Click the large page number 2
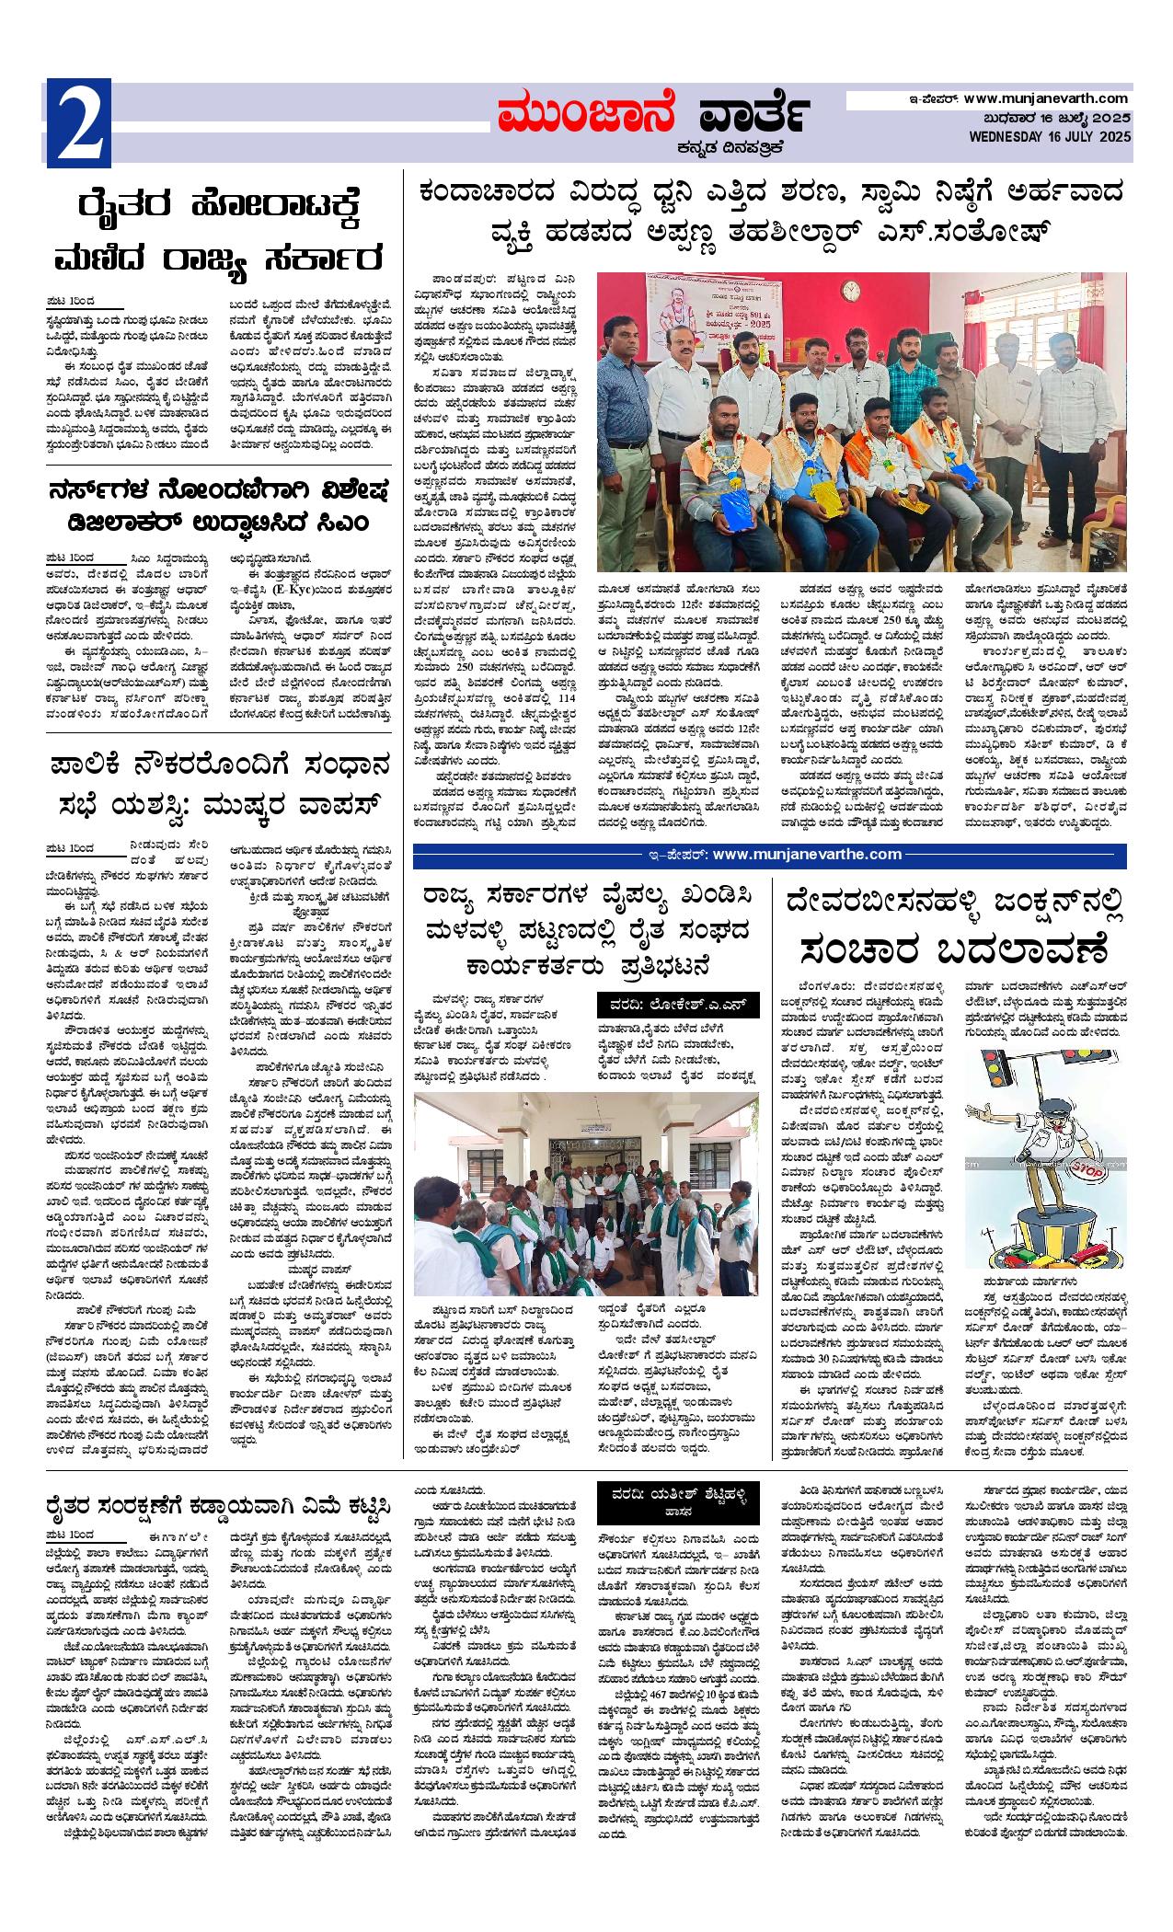click(x=79, y=125)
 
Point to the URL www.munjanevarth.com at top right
click(x=1046, y=98)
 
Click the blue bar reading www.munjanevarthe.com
click(x=770, y=855)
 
